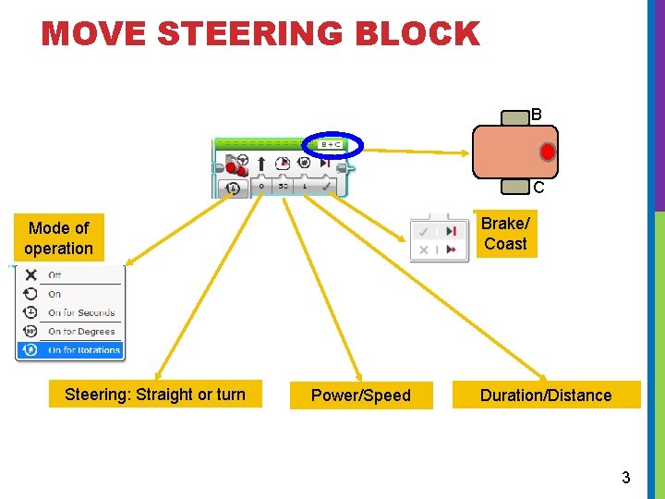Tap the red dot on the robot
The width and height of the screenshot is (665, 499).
tap(548, 151)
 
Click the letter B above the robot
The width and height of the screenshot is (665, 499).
tap(537, 116)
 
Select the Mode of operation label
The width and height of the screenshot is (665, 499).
tap(59, 237)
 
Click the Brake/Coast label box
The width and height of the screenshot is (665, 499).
tap(505, 234)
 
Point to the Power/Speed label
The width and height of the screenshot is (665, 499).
tap(361, 396)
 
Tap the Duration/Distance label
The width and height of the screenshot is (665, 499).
tap(546, 396)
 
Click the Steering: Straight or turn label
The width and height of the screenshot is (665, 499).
tap(155, 395)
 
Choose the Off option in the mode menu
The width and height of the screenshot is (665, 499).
tap(55, 275)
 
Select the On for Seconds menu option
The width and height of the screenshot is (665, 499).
tap(81, 312)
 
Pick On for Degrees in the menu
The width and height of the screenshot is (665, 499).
tap(81, 331)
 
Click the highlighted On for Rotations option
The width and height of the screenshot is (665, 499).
tap(83, 350)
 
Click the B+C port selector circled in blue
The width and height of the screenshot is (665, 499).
tap(331, 144)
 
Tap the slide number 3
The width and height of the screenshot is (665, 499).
tap(625, 478)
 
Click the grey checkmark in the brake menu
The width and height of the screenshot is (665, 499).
tap(424, 231)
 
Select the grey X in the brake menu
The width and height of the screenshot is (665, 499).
tap(424, 249)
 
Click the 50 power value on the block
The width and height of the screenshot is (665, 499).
tap(283, 187)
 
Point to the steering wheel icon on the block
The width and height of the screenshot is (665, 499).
tap(243, 159)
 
